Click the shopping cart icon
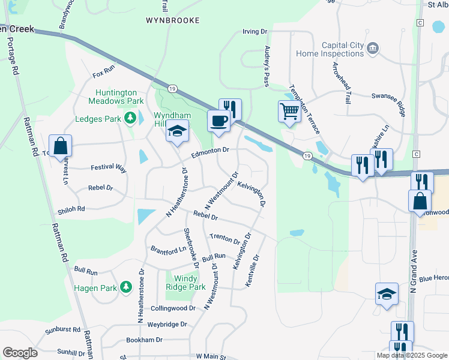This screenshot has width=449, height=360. click(x=289, y=112)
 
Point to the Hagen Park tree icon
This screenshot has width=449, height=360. click(x=125, y=288)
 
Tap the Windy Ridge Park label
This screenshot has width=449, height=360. click(x=190, y=283)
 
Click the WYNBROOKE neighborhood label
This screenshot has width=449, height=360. click(x=172, y=20)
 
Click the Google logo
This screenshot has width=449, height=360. click(x=20, y=353)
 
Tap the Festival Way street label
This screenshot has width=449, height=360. click(x=109, y=169)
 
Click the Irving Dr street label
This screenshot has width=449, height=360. click(x=254, y=31)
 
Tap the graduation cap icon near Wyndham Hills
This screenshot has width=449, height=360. click(x=178, y=131)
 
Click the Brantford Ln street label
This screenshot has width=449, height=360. click(x=168, y=249)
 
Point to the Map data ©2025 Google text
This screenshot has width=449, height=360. click(x=412, y=355)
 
